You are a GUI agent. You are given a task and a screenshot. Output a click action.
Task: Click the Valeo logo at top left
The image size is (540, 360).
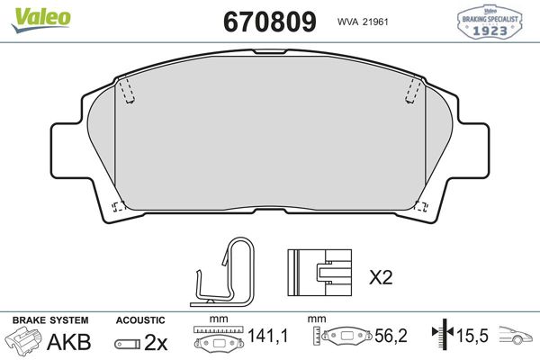click(31, 13)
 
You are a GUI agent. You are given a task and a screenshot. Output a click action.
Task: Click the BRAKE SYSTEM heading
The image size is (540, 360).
click(49, 319)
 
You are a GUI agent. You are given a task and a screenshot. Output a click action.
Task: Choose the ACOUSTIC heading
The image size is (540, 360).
click(140, 319)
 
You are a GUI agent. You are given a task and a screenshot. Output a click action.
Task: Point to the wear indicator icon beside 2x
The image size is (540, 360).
click(127, 343)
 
